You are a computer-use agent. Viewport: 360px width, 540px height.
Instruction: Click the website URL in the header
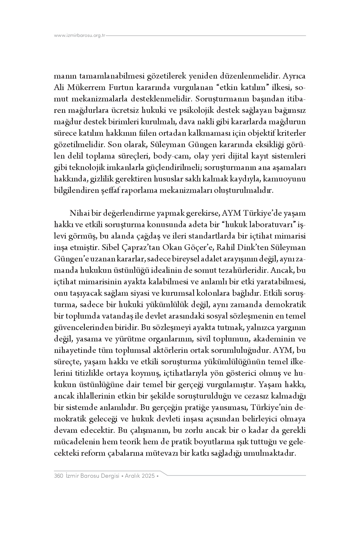(x=80, y=36)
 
